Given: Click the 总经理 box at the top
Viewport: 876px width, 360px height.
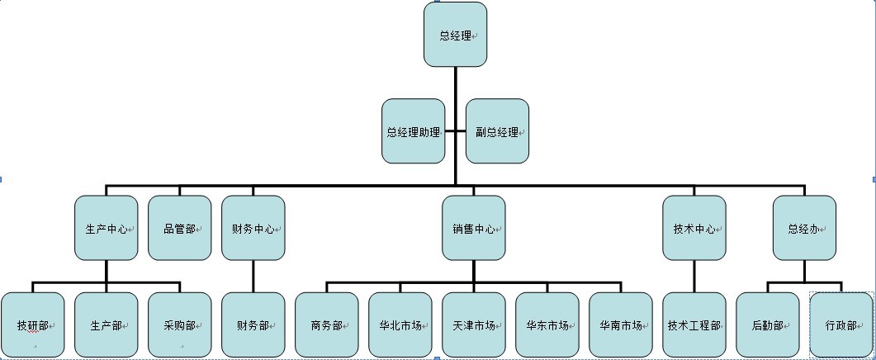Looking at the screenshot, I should point(455,35).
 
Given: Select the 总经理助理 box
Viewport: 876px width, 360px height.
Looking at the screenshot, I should point(413,131).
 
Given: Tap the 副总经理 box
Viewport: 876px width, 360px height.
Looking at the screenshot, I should point(497,131).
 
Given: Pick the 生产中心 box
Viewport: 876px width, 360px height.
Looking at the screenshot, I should point(106,228).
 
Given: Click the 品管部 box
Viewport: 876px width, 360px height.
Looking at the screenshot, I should point(179,228).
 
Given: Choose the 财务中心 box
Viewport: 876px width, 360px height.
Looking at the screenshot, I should point(253,228).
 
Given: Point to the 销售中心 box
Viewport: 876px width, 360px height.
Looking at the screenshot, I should point(473,228).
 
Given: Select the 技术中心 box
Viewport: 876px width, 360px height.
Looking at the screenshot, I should point(694,228).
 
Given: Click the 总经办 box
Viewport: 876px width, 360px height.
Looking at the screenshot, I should point(805,228).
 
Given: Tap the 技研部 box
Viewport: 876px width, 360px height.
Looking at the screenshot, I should point(32,324).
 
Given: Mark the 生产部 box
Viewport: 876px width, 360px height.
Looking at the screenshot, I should point(106,324).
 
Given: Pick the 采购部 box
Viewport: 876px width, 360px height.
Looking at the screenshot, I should point(179,324).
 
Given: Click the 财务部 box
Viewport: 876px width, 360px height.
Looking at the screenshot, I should point(253,324).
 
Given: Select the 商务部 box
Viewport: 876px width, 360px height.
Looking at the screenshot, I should point(326,324).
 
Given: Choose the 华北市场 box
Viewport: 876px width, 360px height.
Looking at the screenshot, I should point(400,324).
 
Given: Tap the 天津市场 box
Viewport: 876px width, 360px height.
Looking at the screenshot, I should point(473,324).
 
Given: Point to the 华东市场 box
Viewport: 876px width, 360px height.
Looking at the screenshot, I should point(547,324).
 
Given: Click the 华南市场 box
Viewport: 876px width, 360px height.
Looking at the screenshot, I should point(621,324).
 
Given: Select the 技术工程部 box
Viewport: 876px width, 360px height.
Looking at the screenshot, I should point(694,324).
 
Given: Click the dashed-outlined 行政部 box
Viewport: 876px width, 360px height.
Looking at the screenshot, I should point(841,324).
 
